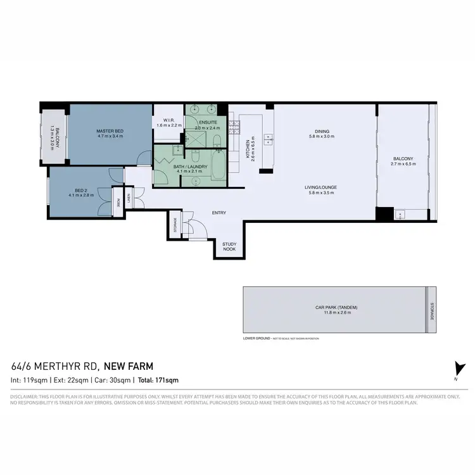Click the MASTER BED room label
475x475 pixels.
click(x=110, y=131)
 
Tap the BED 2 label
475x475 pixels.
click(x=80, y=189)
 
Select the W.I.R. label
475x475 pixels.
click(x=168, y=120)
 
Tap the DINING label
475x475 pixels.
click(x=319, y=132)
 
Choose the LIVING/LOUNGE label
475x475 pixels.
click(x=319, y=187)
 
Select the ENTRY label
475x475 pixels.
click(x=219, y=213)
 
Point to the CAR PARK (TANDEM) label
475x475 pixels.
click(x=336, y=307)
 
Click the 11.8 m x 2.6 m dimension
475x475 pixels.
click(x=336, y=312)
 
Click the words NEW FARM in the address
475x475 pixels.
click(x=128, y=366)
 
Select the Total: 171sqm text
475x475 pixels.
click(x=158, y=380)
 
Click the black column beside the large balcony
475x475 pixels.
click(x=384, y=214)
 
